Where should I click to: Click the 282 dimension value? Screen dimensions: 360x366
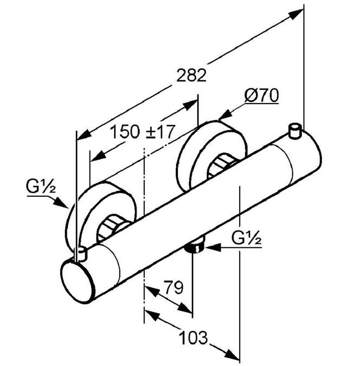click(x=191, y=75)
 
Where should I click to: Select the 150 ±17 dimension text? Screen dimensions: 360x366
click(x=143, y=132)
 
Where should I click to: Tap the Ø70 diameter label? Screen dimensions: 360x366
click(x=261, y=95)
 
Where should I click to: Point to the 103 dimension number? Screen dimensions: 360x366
click(x=194, y=337)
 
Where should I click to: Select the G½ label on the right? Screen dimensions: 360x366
click(x=247, y=237)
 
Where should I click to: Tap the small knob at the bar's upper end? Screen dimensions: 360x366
click(x=295, y=131)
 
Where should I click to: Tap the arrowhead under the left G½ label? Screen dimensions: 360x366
click(x=60, y=202)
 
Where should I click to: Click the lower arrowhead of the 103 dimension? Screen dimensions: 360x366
click(x=232, y=358)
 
